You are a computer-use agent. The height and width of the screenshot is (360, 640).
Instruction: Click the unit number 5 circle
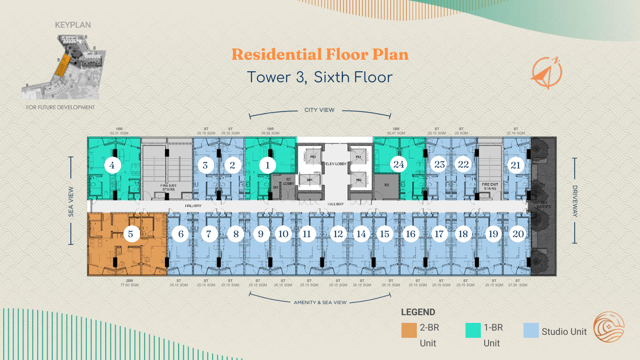point(131,234)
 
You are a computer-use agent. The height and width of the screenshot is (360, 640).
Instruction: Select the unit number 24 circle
point(399,165)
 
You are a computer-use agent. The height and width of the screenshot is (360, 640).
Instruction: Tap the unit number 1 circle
point(268,165)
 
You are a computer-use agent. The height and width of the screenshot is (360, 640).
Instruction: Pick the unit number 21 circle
point(516,165)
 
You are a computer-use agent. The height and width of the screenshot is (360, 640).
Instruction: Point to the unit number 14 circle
point(361,234)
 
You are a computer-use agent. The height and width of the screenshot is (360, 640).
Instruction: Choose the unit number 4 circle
point(112,165)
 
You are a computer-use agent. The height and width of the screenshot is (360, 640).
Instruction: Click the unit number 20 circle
point(518,234)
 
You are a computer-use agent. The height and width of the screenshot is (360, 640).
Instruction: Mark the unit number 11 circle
point(307,234)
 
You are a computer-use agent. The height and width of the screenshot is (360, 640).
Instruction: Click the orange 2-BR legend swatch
point(409,330)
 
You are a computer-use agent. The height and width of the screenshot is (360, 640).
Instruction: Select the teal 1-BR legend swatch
point(473,330)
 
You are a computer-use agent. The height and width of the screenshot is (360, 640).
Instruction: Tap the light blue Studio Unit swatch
point(531,330)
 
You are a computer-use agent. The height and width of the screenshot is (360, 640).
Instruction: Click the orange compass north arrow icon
point(547,73)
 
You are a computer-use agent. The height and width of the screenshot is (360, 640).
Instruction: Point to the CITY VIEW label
point(320,110)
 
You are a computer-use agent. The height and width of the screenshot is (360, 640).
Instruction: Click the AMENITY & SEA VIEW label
point(320,302)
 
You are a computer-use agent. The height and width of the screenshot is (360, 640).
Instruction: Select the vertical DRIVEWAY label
point(575,201)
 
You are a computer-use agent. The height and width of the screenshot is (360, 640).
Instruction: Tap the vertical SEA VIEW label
point(71,201)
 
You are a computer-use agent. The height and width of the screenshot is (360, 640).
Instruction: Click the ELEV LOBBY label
point(336,164)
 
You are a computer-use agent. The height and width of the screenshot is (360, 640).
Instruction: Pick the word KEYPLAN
point(73,25)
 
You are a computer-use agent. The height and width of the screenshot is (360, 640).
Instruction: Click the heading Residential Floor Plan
point(320,55)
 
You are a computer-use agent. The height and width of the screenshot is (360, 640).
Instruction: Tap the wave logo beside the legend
point(609,327)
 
